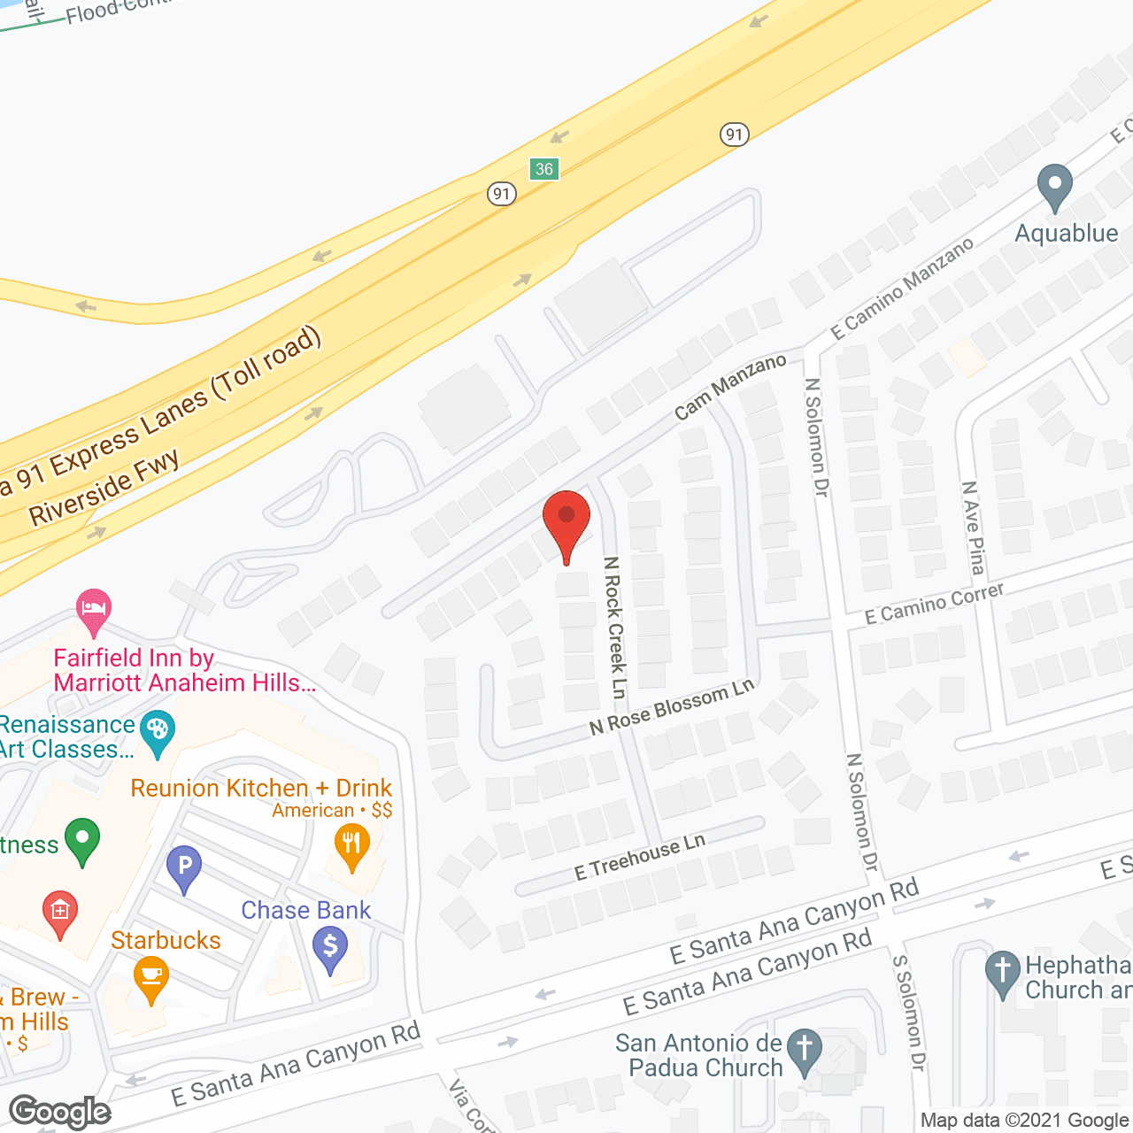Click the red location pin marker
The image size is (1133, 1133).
pyautogui.click(x=566, y=519)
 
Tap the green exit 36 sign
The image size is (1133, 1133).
pyautogui.click(x=544, y=169)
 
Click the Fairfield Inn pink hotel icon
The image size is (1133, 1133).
pyautogui.click(x=94, y=610)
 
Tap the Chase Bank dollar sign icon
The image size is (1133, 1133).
pyautogui.click(x=330, y=947)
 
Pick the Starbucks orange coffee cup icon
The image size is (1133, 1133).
pyautogui.click(x=150, y=978)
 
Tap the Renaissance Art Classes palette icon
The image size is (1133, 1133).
pyautogui.click(x=158, y=731)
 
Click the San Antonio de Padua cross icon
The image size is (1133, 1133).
pyautogui.click(x=805, y=1050)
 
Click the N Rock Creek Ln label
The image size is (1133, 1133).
pyautogui.click(x=615, y=627)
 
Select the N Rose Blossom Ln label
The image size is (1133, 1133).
pyautogui.click(x=672, y=708)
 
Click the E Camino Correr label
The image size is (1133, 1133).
pyautogui.click(x=934, y=604)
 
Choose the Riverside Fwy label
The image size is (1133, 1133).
pyautogui.click(x=104, y=489)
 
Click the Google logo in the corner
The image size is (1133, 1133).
pyautogui.click(x=60, y=1112)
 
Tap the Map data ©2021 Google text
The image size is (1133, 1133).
pyautogui.click(x=1025, y=1121)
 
